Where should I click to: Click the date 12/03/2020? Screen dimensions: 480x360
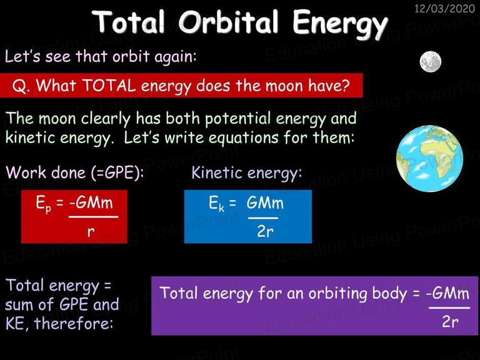(444, 9)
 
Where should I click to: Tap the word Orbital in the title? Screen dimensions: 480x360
(229, 22)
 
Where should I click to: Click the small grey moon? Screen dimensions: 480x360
(431, 61)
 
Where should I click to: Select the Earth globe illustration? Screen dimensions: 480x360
(429, 159)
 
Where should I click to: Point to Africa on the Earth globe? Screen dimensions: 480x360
(437, 156)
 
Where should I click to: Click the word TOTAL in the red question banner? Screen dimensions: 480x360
(109, 86)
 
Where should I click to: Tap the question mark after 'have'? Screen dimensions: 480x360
(346, 85)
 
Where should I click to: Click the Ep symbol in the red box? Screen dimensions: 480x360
(43, 204)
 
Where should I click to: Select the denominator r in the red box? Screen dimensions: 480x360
(91, 232)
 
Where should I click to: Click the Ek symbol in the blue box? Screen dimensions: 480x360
(216, 204)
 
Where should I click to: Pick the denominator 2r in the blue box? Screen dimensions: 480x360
(265, 231)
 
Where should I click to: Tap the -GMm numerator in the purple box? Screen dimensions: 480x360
(447, 293)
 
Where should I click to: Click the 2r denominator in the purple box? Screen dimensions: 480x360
(450, 322)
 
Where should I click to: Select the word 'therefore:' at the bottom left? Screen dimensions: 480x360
(74, 323)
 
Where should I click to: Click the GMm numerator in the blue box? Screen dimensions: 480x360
(265, 202)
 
